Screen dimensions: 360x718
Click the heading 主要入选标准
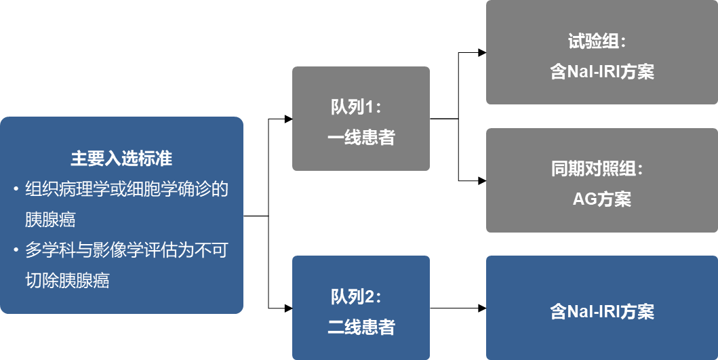coord(121,159)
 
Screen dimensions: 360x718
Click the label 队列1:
coord(357,107)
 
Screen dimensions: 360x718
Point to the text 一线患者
coord(361,138)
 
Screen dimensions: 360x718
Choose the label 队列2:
coord(357,297)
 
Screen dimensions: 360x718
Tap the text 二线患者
coord(361,328)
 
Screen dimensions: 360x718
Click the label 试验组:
coord(597,42)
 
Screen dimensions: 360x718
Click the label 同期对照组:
coord(597,169)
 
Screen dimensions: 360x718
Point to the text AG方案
coord(602,200)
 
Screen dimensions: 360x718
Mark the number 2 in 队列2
coord(370,297)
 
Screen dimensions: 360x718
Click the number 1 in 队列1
coord(370,107)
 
